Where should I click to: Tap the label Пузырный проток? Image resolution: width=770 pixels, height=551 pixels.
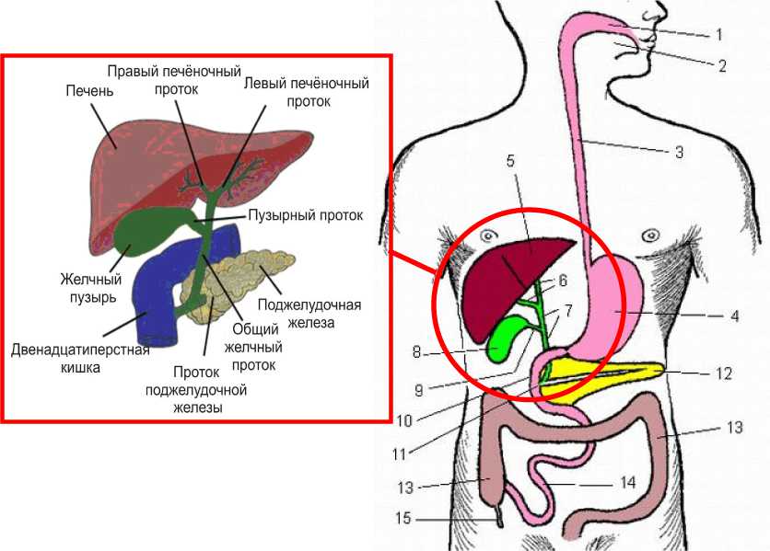pos(305,215)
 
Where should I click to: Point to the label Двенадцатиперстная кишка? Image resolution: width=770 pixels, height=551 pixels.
pos(80,359)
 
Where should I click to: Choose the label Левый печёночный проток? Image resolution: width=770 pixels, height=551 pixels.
pos(306,91)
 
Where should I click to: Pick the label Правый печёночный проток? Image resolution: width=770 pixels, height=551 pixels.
pos(174,79)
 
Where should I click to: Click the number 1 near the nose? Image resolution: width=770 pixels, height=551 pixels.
pos(718,36)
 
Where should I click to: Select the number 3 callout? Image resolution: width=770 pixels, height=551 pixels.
pos(679,152)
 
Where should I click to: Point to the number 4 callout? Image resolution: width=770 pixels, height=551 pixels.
pos(734,316)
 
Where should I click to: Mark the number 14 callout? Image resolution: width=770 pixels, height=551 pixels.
pos(629,480)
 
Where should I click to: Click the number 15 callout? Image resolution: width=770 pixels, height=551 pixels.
pos(402,519)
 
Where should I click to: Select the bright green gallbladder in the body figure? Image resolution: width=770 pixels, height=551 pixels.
pos(504,339)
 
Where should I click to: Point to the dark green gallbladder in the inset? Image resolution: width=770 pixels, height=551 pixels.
pos(147,230)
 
